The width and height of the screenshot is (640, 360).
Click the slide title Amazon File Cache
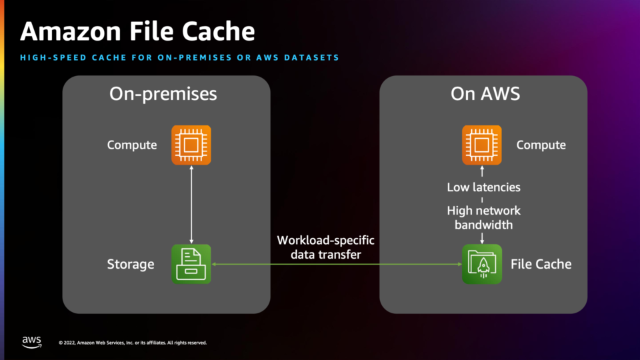click(137, 31)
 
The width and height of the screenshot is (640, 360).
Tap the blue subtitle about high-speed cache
click(179, 57)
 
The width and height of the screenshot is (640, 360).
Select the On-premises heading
click(163, 94)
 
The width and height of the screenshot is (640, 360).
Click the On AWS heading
click(485, 94)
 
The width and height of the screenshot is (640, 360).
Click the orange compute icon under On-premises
click(191, 145)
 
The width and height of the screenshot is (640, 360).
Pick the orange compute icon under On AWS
click(481, 145)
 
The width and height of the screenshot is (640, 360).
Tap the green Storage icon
click(191, 264)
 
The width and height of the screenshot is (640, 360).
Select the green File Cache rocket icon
click(481, 264)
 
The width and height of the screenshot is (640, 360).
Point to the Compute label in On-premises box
click(132, 145)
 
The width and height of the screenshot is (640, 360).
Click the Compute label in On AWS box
click(541, 145)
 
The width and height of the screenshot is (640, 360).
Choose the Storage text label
click(131, 265)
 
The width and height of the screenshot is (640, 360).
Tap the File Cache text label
click(541, 264)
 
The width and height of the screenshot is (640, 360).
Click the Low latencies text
click(484, 187)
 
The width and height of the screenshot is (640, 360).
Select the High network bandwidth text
click(484, 217)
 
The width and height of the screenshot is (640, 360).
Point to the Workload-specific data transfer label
click(326, 247)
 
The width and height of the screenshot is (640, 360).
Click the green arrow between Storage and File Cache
click(337, 264)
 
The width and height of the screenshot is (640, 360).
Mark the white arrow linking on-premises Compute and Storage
click(191, 205)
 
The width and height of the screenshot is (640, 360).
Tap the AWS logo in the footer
click(31, 342)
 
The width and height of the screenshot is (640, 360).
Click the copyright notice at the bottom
click(133, 343)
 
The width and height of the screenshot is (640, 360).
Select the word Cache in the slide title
click(219, 31)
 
